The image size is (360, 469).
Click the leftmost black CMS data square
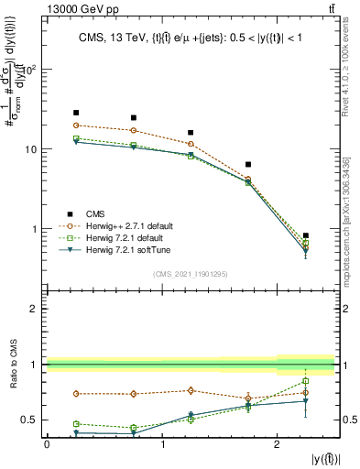point(76,113)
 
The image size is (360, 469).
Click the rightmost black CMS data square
point(306,235)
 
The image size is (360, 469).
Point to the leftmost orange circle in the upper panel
point(76,125)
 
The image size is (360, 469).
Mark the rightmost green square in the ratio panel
point(306,381)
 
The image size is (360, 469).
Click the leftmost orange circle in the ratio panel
point(76,394)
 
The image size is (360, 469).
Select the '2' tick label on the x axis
point(278,444)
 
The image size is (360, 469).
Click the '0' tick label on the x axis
point(47,444)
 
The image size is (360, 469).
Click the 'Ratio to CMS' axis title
point(12,376)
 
